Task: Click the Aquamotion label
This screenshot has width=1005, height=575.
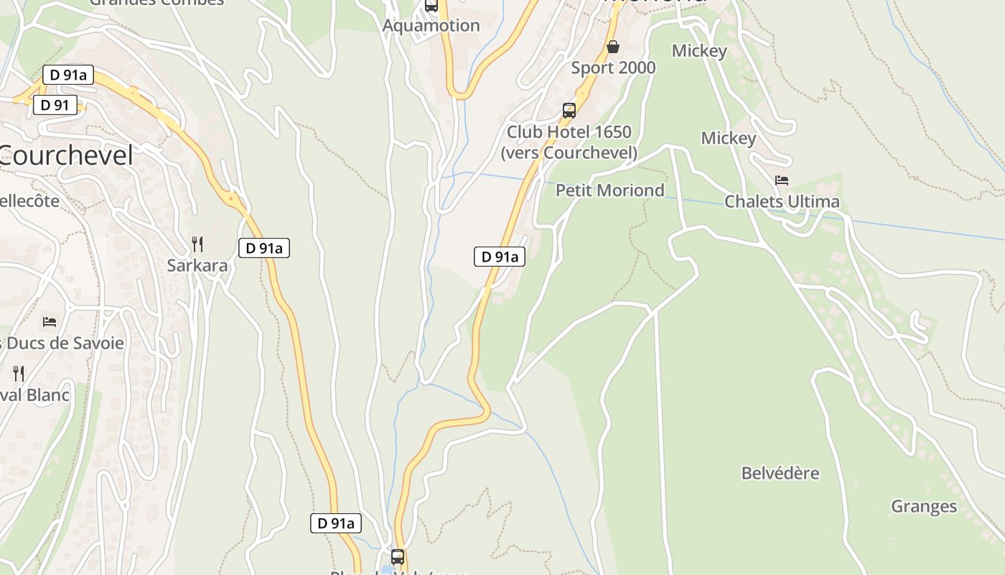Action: point(431,26)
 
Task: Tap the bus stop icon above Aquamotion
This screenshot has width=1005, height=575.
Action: point(431,6)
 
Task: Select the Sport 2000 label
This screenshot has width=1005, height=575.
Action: point(613,68)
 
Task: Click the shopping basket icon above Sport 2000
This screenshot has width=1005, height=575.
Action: point(613,47)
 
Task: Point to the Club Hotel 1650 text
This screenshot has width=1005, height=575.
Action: point(569,132)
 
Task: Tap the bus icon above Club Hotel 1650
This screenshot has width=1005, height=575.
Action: point(569,111)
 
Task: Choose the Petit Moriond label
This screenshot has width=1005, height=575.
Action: point(610,190)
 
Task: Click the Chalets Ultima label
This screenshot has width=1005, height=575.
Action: point(782,201)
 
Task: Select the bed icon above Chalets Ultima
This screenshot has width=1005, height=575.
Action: point(782,180)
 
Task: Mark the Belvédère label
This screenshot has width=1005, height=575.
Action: point(780,473)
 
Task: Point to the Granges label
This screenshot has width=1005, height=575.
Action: point(924,506)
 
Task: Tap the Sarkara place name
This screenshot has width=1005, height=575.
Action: point(197,265)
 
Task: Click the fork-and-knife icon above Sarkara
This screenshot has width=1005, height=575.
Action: point(197,244)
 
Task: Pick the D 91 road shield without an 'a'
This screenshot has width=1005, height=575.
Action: point(55,105)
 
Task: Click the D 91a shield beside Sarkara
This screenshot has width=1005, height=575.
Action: point(264,248)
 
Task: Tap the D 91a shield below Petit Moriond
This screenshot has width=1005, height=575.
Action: point(500,257)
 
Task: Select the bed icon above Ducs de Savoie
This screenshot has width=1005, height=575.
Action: point(49,322)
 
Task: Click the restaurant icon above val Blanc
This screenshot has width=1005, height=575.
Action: point(19,374)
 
